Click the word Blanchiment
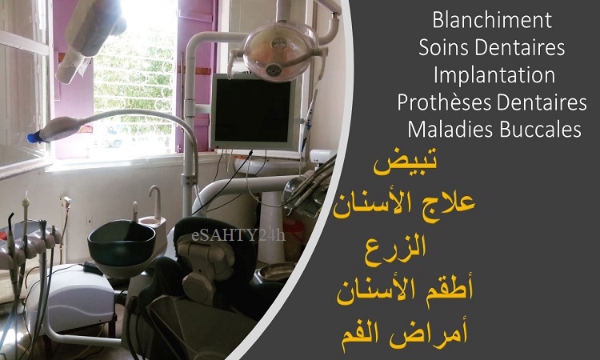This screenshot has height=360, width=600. click(492, 20)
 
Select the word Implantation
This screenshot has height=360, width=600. click(494, 75)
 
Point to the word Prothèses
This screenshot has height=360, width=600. click(444, 102)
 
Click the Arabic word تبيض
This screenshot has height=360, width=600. click(405, 163)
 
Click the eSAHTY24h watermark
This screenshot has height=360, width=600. click(238, 235)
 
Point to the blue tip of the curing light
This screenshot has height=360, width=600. click(35, 137)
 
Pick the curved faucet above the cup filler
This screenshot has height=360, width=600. click(155, 201)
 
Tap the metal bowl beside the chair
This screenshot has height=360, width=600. click(275, 272)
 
